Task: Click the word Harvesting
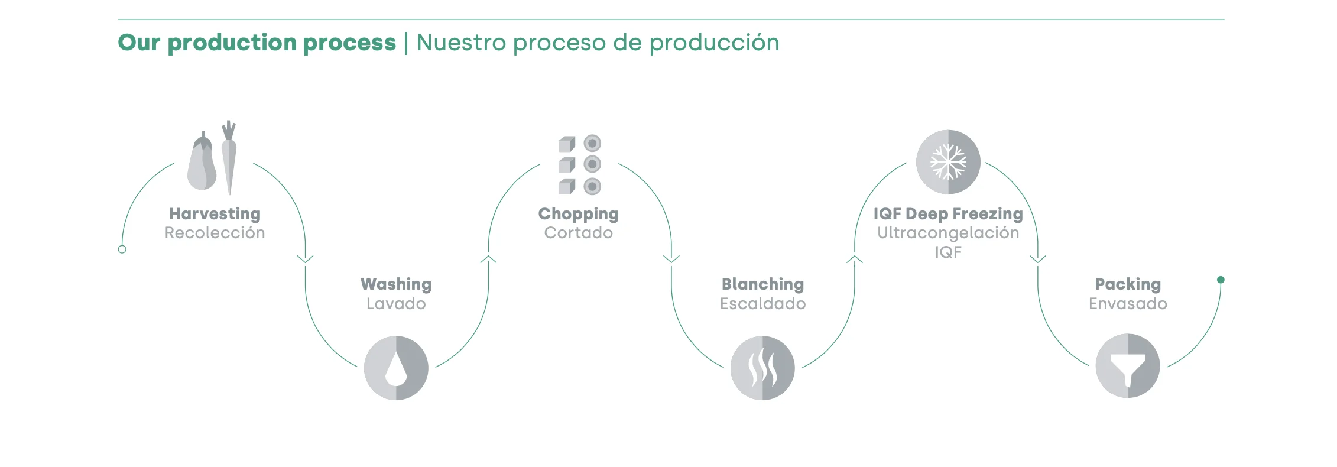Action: point(215,214)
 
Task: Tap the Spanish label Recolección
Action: point(215,233)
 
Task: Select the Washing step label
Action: point(396,284)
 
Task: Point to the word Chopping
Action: point(578,214)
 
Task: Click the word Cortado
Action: point(578,233)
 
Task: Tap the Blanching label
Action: point(762,284)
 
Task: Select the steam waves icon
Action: point(762,368)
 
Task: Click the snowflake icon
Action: point(948,162)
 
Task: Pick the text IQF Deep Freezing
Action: point(948,214)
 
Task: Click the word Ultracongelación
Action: point(948,233)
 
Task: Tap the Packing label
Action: point(1128,284)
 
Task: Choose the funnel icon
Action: point(1128,367)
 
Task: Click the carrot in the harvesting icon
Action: point(229,157)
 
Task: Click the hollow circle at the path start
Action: point(122,249)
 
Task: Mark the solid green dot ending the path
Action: point(1221,280)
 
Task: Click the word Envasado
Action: point(1128,304)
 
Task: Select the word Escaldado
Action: point(762,304)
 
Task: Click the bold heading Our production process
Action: point(257,43)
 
